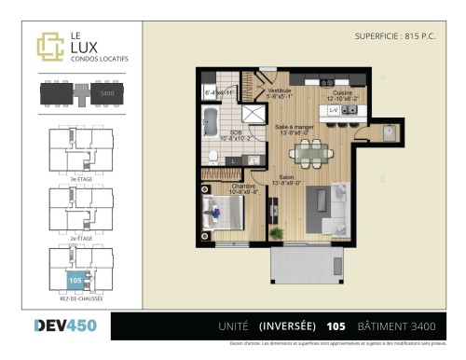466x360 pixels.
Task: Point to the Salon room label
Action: point(285,180)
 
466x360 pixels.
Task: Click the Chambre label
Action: point(245,187)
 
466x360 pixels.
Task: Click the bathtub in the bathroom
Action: point(210,121)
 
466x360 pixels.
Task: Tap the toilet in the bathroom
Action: point(214,156)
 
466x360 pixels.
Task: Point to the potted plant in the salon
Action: point(276,231)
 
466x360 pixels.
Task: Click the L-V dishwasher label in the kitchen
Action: point(333,111)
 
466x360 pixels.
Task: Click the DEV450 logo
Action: point(60,325)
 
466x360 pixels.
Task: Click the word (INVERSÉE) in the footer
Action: point(286,326)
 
